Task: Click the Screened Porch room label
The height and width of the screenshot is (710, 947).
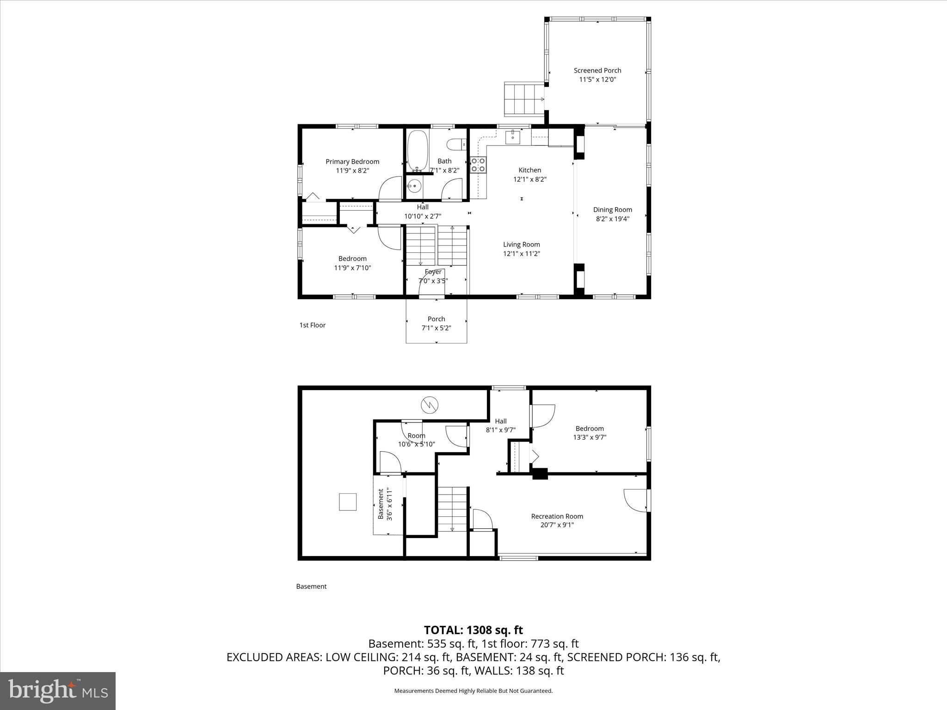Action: (597, 71)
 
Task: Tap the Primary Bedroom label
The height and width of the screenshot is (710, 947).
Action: (352, 162)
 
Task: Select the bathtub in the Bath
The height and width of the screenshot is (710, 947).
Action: (418, 151)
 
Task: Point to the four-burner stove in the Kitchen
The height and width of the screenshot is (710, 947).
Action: (478, 165)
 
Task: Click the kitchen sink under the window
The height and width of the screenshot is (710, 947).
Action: (512, 137)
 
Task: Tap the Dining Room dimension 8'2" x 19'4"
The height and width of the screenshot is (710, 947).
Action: (612, 219)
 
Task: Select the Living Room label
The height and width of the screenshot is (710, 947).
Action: (521, 245)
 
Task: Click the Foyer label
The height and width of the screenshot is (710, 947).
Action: (433, 272)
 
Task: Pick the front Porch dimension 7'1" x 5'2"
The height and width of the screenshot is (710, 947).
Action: (436, 328)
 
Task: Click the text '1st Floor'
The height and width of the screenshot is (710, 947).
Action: (313, 325)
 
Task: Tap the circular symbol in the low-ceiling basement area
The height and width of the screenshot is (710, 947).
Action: (429, 405)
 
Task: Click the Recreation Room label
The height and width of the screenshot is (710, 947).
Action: (557, 516)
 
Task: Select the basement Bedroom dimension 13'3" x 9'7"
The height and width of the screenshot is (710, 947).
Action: (590, 437)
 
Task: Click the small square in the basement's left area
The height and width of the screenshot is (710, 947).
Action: (348, 502)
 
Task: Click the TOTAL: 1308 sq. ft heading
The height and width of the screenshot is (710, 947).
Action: (473, 630)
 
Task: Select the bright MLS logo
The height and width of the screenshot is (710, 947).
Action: (58, 691)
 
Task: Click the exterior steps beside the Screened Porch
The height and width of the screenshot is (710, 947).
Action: (523, 98)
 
